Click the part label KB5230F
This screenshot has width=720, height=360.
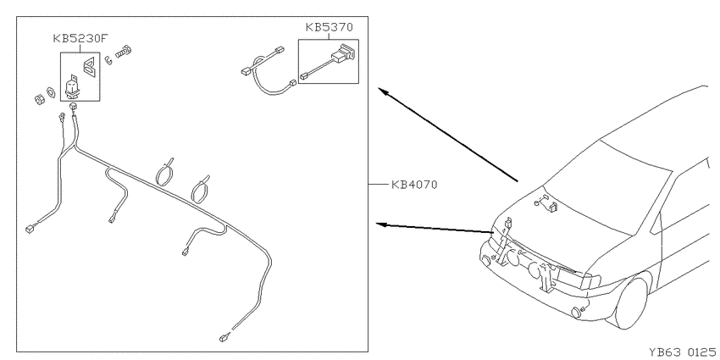(81, 39)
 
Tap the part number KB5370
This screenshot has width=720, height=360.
(330, 27)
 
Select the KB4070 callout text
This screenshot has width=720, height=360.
(414, 185)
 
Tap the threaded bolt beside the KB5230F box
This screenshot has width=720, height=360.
(123, 52)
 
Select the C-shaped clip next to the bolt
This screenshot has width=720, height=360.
(108, 61)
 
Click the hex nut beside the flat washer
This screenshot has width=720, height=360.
(40, 99)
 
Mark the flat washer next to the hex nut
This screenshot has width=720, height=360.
(51, 91)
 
